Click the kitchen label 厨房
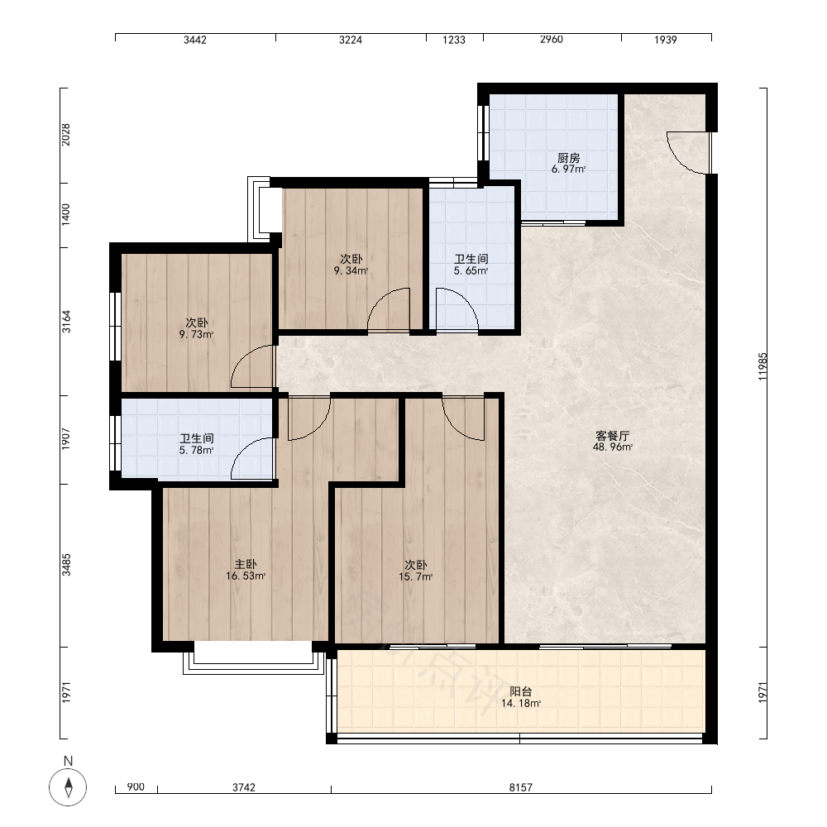(x=569, y=158)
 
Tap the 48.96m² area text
(x=612, y=447)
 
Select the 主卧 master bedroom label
(x=246, y=564)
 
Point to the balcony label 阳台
(x=520, y=691)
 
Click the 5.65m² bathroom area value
(x=471, y=271)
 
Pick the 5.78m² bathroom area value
(x=196, y=451)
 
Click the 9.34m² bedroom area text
(x=351, y=271)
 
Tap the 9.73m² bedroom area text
(x=196, y=334)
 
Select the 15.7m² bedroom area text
(x=416, y=577)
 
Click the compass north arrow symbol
(x=68, y=787)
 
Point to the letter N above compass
(x=68, y=761)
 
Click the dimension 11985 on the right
(x=762, y=366)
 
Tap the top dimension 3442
(x=194, y=40)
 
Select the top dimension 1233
(x=453, y=40)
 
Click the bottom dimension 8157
(x=520, y=787)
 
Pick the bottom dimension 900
(x=136, y=787)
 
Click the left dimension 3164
(x=66, y=321)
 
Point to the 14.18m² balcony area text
(x=520, y=704)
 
